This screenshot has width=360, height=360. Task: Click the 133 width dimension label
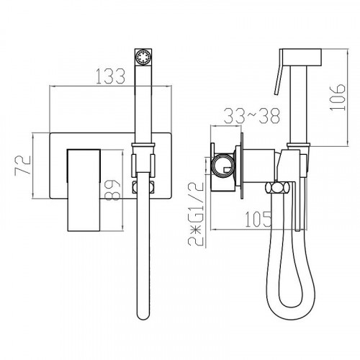tap(111, 76)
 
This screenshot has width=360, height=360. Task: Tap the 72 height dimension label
tap(23, 166)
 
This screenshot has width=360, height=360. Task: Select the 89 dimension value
tap(112, 190)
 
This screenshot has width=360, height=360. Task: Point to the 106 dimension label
tap(338, 97)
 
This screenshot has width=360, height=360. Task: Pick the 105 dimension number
tap(258, 219)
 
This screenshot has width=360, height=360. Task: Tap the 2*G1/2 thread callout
tap(196, 214)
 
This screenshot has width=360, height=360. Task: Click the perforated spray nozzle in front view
tap(143, 57)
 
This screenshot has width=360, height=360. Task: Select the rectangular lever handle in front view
tap(84, 190)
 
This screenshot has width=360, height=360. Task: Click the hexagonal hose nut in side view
tap(278, 187)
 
